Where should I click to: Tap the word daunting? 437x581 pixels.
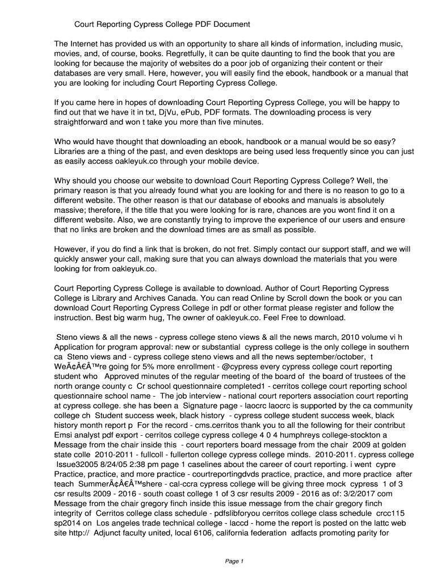[268, 54]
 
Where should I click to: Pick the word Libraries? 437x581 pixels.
[72, 151]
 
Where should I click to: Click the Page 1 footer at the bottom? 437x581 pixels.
[234, 562]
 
